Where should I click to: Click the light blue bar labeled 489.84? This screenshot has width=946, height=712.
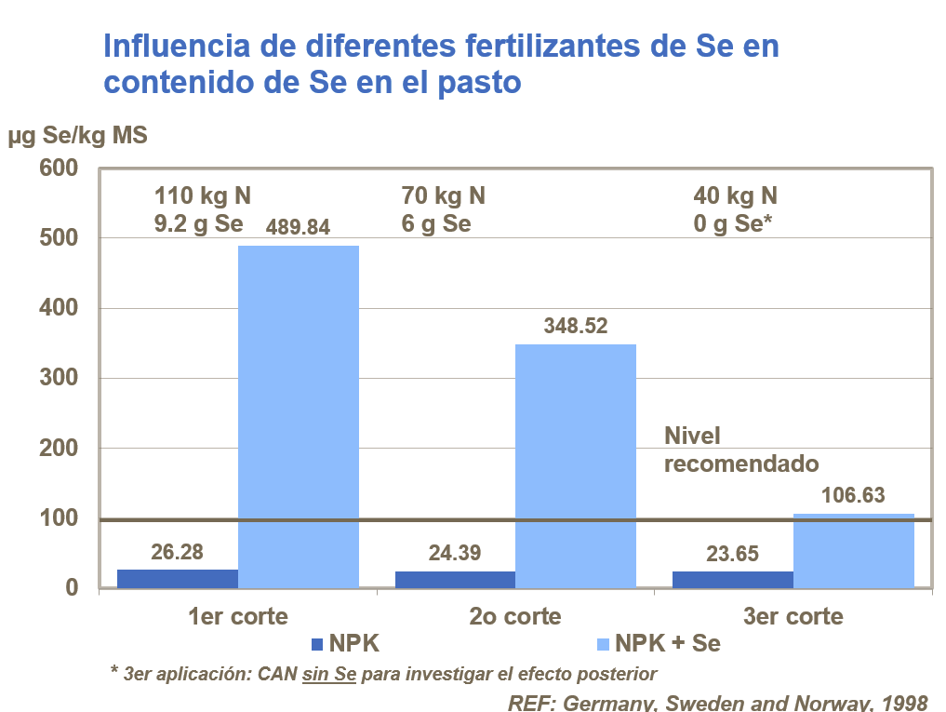(299, 416)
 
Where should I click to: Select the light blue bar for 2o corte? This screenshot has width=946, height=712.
(575, 465)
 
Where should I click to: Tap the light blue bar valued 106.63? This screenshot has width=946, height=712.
(853, 550)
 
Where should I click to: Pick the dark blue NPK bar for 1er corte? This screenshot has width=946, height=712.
(178, 579)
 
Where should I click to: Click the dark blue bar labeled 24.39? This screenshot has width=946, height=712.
(455, 580)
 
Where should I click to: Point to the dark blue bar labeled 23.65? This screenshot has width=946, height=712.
(732, 580)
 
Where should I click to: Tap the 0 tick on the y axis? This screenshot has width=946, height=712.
(71, 588)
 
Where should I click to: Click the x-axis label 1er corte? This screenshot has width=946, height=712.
(238, 616)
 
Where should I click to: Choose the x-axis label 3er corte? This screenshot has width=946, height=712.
(793, 616)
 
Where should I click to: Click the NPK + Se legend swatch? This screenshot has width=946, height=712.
(601, 644)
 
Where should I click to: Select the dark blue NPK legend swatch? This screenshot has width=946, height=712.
(316, 644)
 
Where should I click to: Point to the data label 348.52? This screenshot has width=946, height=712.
(576, 326)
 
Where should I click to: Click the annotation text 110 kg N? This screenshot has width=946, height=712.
(203, 196)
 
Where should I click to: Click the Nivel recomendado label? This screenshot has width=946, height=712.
(740, 450)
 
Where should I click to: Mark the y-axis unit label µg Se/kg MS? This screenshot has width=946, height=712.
(78, 136)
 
